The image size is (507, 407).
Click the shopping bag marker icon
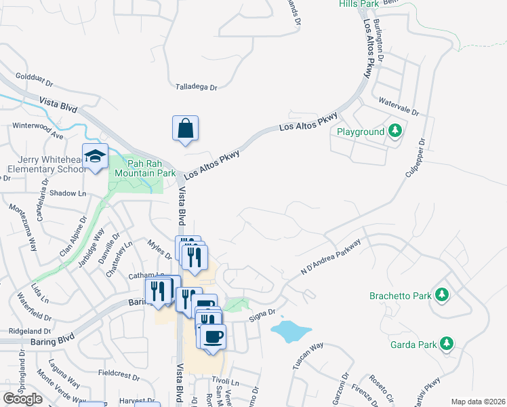point(186,128)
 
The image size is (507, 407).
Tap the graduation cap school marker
point(96,157)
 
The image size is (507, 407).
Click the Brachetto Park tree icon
point(442,295)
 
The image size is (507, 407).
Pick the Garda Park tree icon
point(446,344)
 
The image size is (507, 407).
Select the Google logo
point(22,399)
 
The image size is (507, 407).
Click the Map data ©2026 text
point(478,402)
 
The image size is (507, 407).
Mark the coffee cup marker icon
point(213,336)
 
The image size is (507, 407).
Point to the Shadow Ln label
point(73,193)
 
